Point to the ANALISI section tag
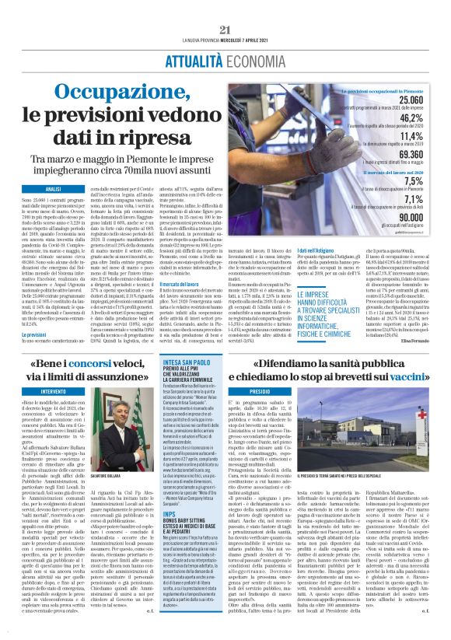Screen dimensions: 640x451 click(x=52, y=189)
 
